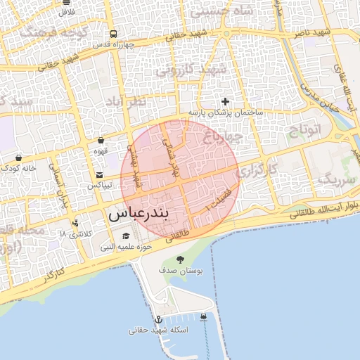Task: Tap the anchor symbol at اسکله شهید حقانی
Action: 158,320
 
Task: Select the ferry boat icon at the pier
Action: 203,316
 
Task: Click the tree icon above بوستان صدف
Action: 181,259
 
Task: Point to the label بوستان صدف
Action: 181,270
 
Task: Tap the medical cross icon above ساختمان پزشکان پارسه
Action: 225,102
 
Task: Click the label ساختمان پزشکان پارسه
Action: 225,112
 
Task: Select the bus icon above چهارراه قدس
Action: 113,34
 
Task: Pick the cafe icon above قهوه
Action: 101,140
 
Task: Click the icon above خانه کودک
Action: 18,157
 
